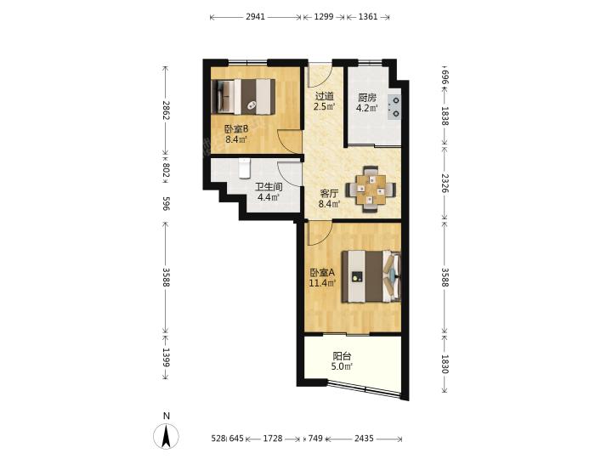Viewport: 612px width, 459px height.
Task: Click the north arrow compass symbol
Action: click(166, 435)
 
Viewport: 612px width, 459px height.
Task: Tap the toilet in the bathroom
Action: click(244, 168)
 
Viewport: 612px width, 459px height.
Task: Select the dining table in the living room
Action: click(370, 190)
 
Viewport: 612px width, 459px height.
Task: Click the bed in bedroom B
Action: click(243, 97)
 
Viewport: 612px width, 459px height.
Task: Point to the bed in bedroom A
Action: click(371, 277)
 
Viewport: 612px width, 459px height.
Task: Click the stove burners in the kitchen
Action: click(394, 107)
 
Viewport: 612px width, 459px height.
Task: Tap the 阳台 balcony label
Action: click(342, 356)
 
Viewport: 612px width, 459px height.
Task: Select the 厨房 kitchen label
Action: click(367, 98)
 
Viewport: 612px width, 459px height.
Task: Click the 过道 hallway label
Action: click(325, 96)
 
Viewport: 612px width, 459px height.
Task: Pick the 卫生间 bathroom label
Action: click(269, 187)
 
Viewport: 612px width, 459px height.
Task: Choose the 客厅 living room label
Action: click(329, 193)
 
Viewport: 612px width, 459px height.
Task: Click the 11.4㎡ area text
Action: click(323, 283)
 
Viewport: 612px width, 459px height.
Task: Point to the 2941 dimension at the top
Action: click(255, 17)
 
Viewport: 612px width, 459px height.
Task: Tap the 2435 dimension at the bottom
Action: click(364, 439)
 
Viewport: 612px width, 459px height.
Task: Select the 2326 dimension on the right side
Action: click(445, 184)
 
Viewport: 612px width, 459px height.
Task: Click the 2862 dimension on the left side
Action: click(166, 110)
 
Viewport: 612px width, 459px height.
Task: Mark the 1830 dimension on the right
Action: click(445, 364)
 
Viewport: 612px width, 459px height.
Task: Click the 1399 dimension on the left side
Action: click(166, 358)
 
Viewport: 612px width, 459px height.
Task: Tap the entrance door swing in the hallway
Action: click(320, 75)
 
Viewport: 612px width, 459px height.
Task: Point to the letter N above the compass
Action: click(167, 416)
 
